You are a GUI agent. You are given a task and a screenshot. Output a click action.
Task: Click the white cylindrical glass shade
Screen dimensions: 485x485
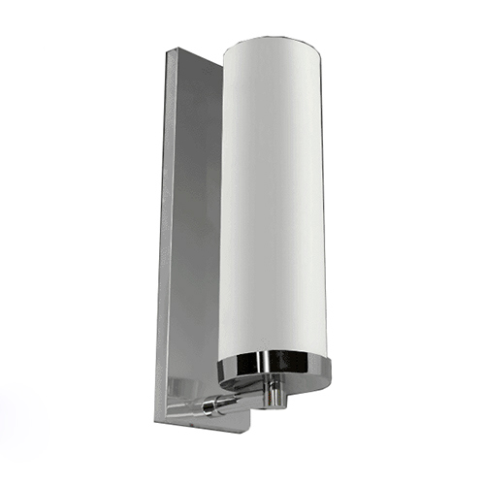coord(275,194)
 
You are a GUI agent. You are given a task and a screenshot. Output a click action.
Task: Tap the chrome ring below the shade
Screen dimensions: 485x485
coord(275,369)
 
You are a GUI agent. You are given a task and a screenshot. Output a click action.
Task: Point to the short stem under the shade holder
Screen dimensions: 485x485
coord(277,392)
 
